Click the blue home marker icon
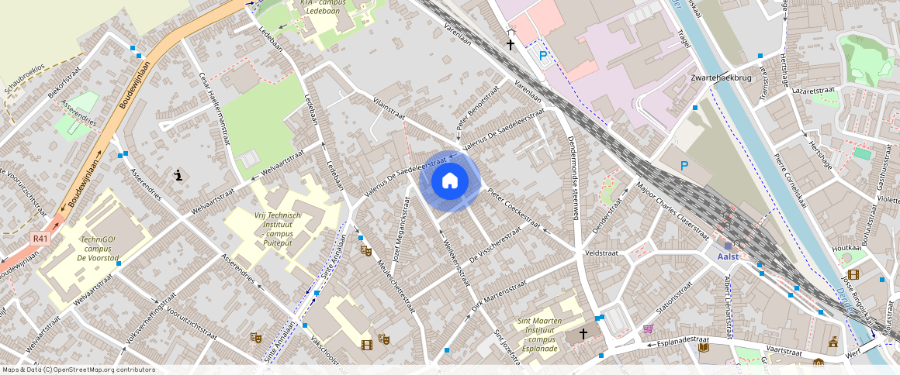pyautogui.click(x=449, y=181)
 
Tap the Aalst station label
pyautogui.click(x=728, y=256)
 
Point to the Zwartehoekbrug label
pyautogui.click(x=723, y=79)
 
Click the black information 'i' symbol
pyautogui.click(x=179, y=175)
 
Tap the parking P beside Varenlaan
pyautogui.click(x=543, y=56)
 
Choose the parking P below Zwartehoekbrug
pyautogui.click(x=684, y=166)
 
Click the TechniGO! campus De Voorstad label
pyautogui.click(x=97, y=249)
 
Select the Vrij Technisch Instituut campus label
pyautogui.click(x=283, y=225)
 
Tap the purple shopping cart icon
pyautogui.click(x=648, y=329)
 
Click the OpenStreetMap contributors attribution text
pyautogui.click(x=79, y=370)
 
